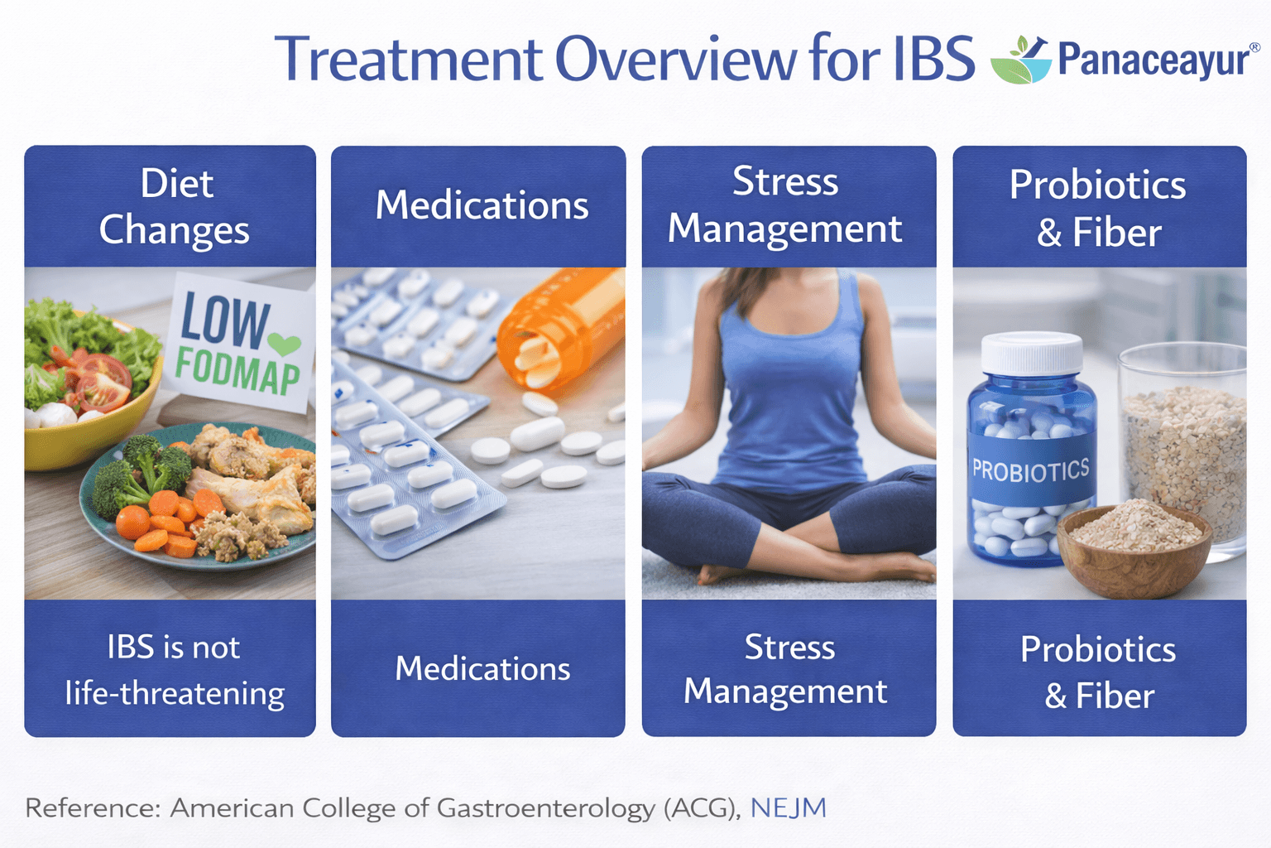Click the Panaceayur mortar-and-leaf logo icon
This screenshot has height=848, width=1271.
pos(1021,60)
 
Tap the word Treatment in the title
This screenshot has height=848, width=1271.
pos(408,60)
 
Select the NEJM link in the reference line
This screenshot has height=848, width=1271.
pos(788,807)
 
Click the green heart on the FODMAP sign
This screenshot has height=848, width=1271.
pos(284,343)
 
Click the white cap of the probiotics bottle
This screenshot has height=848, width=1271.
pos(1032,353)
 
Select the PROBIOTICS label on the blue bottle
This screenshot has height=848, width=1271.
pos(1030,471)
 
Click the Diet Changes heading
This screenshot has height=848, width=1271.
pos(175,206)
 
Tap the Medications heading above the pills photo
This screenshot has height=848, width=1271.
pos(482,205)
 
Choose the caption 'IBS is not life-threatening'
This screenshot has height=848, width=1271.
pos(175,670)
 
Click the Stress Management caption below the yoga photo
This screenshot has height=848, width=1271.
pos(787,669)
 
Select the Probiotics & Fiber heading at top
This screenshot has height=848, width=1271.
pos(1098,208)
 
